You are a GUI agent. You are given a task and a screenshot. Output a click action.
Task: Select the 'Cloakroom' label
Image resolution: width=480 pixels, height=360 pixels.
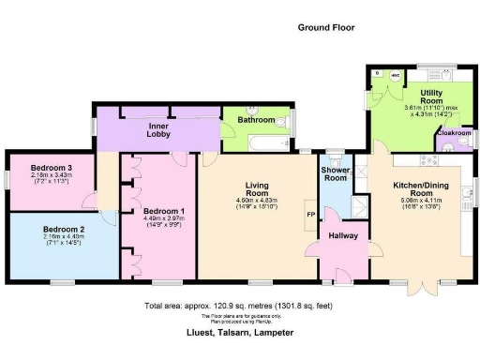[454, 134]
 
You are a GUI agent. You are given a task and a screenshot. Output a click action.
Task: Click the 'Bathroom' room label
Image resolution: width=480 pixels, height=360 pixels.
[255, 121]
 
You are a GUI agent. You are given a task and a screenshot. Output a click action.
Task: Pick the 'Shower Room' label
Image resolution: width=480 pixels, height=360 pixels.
[335, 174]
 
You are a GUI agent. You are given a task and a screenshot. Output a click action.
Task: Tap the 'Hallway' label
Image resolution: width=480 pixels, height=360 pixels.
[341, 234]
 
